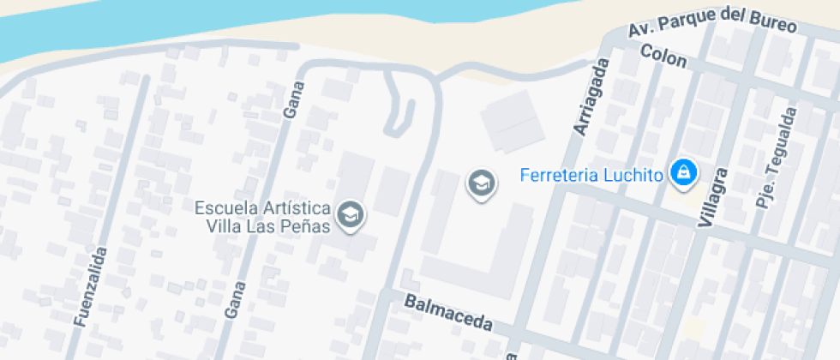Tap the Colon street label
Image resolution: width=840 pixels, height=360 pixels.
coord(663,57)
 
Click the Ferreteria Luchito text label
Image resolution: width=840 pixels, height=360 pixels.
coord(592,176)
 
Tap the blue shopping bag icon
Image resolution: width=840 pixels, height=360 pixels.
coord(683,172)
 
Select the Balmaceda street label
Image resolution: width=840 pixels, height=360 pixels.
coord(448,313)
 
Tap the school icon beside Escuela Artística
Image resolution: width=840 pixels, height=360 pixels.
coord(350,215)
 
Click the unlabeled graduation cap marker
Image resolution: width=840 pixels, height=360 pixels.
coord(481,183)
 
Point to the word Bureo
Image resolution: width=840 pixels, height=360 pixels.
coord(774,27)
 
